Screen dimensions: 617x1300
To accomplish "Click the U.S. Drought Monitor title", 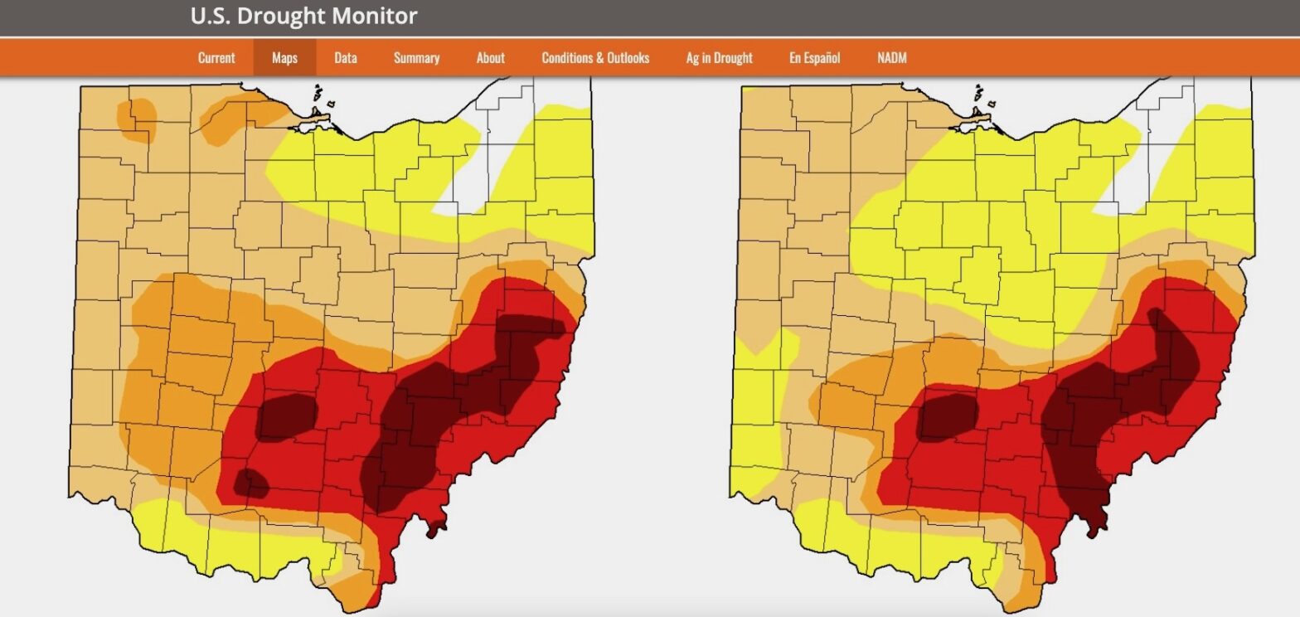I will tap(303, 16).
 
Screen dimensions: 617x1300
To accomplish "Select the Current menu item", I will tap(216, 58).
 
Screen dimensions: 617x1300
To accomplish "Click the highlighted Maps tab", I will tap(284, 58).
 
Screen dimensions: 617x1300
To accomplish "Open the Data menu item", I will tap(346, 58).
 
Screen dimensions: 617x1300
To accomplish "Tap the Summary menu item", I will tap(416, 58).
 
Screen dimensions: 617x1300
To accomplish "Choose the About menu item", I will tap(490, 58).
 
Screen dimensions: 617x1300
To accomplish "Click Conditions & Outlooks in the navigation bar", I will tap(595, 58).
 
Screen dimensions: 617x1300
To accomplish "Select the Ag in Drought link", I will tap(719, 58).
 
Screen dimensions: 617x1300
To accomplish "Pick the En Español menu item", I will tap(814, 58).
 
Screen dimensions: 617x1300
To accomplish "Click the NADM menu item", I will tap(892, 58).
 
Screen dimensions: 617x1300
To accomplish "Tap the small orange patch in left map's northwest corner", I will tap(138, 119).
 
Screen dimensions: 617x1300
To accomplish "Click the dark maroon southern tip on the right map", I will tap(1096, 518).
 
